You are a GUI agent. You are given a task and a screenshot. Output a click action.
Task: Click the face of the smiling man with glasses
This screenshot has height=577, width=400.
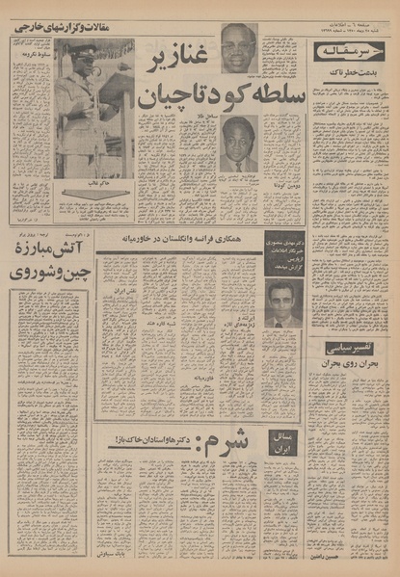pos(238,47)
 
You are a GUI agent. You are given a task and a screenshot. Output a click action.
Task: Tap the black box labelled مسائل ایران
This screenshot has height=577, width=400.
pos(285,441)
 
